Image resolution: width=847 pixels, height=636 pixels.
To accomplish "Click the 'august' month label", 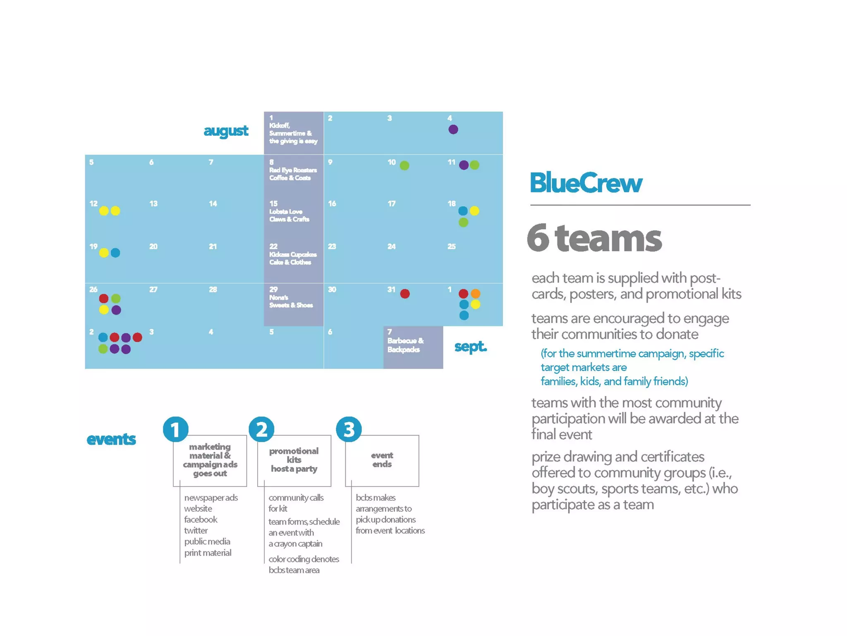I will click(226, 131).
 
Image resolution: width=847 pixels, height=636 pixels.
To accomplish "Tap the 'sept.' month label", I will click(471, 346).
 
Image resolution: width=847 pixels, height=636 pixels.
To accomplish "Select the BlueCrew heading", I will click(586, 183).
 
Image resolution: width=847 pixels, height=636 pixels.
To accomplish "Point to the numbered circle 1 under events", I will click(176, 429).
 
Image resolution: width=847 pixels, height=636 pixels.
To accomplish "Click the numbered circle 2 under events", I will click(261, 429).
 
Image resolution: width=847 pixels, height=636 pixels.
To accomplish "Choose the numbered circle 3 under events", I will click(349, 429).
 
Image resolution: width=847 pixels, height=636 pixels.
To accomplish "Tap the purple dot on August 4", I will click(453, 130).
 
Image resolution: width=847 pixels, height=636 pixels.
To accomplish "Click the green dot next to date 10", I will click(404, 166).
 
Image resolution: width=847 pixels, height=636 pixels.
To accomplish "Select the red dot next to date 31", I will click(405, 294).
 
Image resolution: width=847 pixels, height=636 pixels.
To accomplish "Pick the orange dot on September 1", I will click(476, 294).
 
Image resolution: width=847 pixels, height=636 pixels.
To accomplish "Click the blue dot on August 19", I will click(115, 253).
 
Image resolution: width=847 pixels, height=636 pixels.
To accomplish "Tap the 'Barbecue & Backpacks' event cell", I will click(413, 347).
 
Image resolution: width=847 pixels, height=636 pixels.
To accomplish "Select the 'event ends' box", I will click(382, 460).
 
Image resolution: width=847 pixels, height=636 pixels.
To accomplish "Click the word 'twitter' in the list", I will click(196, 530).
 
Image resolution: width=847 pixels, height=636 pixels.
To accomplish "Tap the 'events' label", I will click(111, 439).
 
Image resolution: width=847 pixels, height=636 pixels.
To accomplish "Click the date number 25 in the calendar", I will click(452, 247).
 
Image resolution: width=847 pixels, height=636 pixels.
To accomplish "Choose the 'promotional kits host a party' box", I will click(294, 460).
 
